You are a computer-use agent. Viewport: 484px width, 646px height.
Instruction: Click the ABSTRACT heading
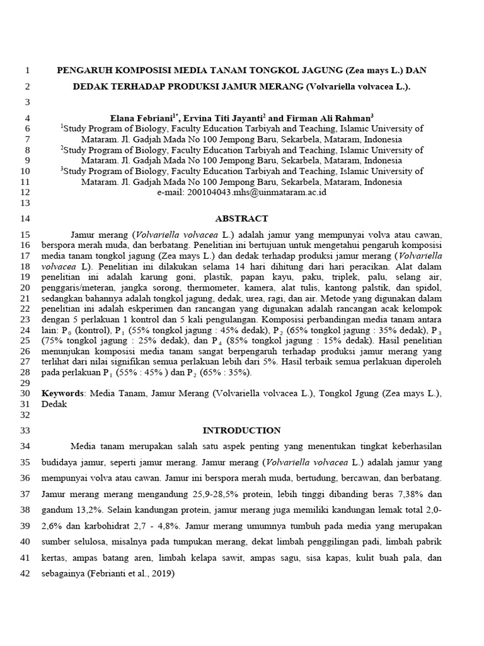[241, 219]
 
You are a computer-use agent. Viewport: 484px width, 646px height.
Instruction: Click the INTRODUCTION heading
[241, 431]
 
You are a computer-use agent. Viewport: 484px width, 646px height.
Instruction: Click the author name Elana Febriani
[137, 117]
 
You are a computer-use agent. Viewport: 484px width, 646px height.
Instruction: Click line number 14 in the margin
[26, 219]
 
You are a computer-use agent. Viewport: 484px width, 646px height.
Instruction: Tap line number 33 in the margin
[26, 431]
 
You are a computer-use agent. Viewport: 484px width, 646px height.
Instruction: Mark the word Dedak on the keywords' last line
[54, 404]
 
